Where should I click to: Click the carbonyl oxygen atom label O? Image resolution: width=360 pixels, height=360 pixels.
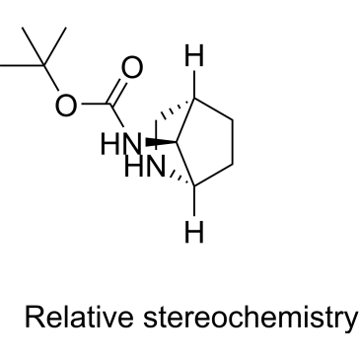132,67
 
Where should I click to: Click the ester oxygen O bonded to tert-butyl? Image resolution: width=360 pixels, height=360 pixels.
66,105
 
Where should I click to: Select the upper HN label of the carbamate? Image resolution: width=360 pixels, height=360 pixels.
120,144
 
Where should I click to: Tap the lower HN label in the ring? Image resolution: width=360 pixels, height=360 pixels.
145,167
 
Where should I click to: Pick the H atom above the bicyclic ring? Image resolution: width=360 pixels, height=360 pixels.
194,55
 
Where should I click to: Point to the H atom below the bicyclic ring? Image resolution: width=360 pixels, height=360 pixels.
194,232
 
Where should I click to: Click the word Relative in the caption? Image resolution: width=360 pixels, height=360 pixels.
79,317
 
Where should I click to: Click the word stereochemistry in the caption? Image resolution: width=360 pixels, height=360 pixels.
250,318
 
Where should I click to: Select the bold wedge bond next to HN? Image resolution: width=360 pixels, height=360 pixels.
160,142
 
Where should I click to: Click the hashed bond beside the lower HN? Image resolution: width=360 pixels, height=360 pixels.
182,180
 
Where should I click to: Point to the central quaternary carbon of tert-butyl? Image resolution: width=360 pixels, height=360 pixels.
44,65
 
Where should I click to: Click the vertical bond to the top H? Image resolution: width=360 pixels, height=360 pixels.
194,84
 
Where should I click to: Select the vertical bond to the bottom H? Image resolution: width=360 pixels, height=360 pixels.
194,201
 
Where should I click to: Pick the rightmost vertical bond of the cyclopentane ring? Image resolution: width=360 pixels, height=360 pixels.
233,142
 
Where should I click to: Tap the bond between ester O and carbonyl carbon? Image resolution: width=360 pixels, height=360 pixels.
96,105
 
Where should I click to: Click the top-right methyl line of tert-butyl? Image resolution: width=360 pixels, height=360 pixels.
55,46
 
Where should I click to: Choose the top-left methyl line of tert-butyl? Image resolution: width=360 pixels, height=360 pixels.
34,46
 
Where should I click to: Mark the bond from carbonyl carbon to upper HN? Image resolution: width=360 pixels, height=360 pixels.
116,115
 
